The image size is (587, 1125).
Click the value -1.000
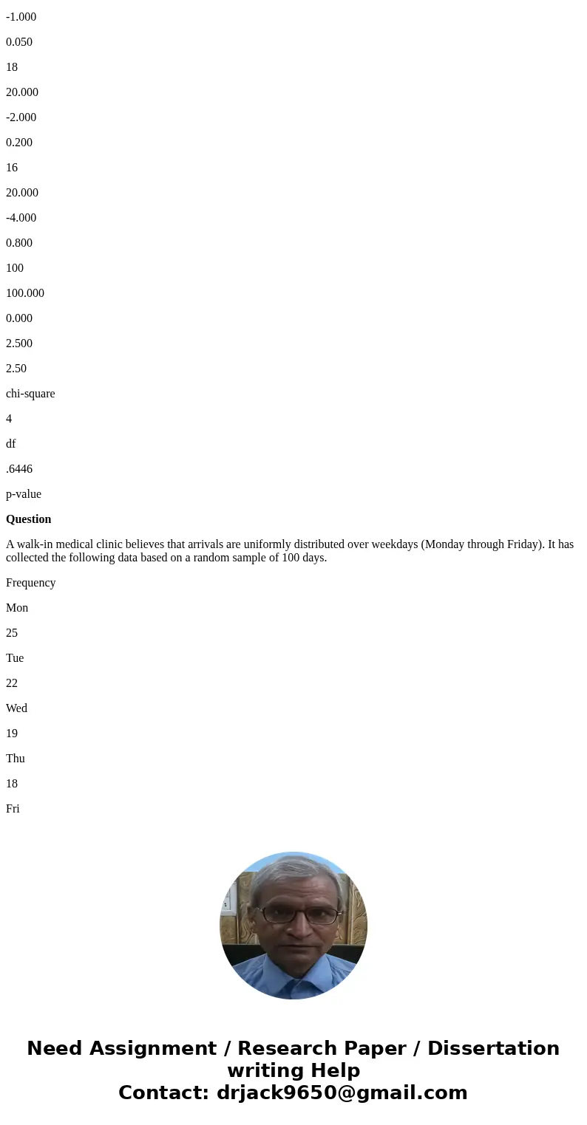pos(21,17)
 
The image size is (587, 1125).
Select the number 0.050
pos(19,42)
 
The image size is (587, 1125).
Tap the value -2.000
pos(21,117)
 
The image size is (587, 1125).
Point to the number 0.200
pos(19,143)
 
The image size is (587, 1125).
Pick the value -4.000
pos(21,218)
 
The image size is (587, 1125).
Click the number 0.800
pos(19,243)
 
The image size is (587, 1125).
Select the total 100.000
pos(25,293)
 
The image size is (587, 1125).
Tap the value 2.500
pos(19,343)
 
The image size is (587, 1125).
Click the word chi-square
pos(30,394)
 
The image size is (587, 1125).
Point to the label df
pos(11,444)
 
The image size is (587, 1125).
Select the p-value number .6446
pos(19,469)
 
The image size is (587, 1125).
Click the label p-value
pos(24,494)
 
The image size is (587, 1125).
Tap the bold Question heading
pos(29,519)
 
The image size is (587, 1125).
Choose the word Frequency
pos(31,583)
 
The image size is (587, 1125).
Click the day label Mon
pos(17,608)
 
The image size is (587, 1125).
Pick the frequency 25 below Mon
pos(12,633)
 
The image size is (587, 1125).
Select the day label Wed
pos(16,708)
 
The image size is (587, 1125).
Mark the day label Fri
pos(13,809)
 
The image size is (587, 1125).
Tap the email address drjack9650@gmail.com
pos(342,1092)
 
